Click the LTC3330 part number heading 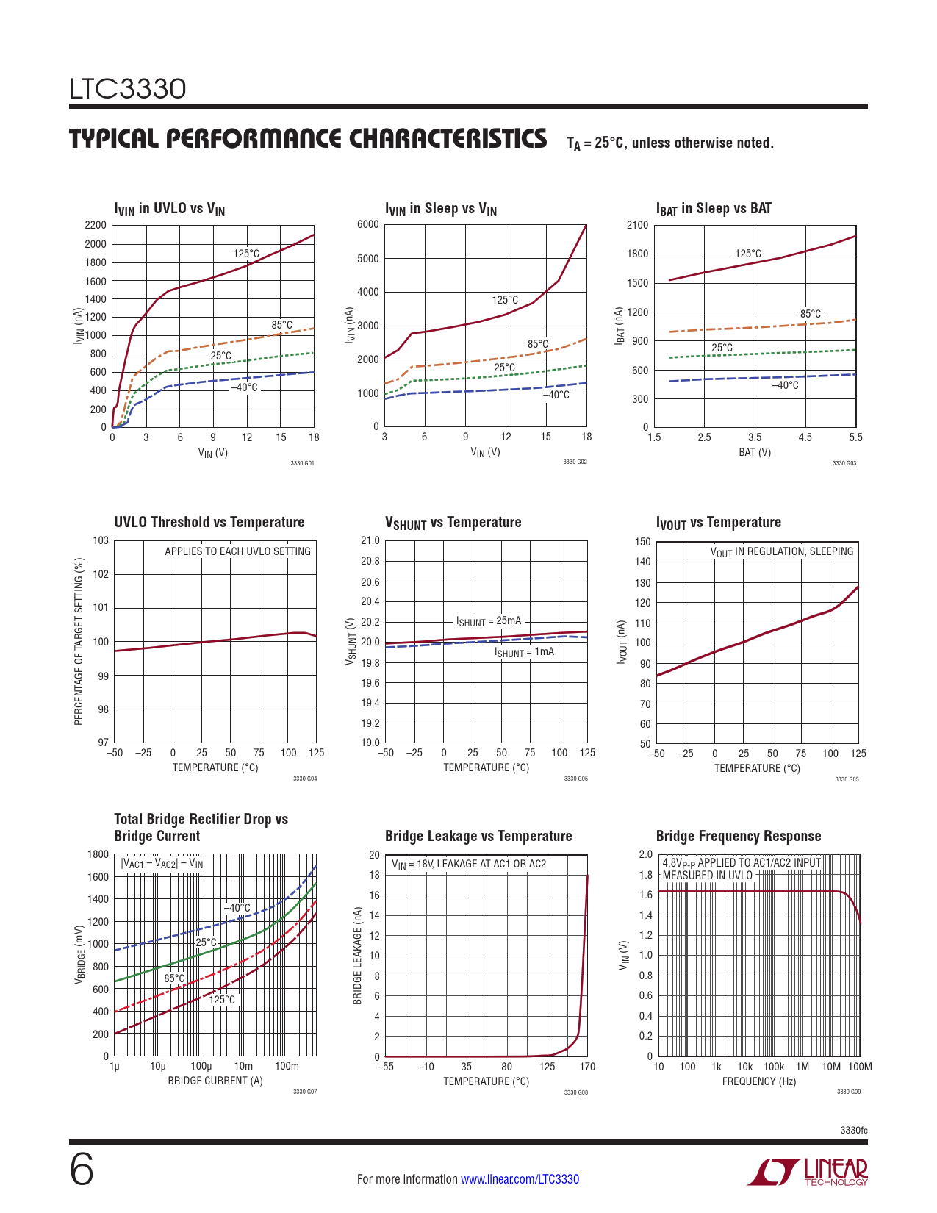(128, 89)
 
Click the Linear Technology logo (807, 1172)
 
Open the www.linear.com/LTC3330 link (520, 1179)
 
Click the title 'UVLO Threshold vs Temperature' (209, 522)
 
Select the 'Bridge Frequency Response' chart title (738, 836)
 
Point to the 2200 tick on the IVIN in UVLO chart (96, 225)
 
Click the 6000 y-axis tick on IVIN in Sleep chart (368, 224)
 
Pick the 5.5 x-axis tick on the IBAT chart (855, 437)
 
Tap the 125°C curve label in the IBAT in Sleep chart (748, 254)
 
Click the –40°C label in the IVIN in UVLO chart (245, 387)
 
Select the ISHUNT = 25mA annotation (489, 621)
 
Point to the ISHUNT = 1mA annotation (524, 652)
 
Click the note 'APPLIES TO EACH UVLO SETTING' (237, 551)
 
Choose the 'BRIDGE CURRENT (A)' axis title (215, 1081)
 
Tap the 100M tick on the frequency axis (860, 1067)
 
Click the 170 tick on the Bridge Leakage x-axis (587, 1067)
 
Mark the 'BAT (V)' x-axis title (755, 452)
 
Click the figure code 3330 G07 (305, 1092)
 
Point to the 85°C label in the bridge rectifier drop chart (175, 978)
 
